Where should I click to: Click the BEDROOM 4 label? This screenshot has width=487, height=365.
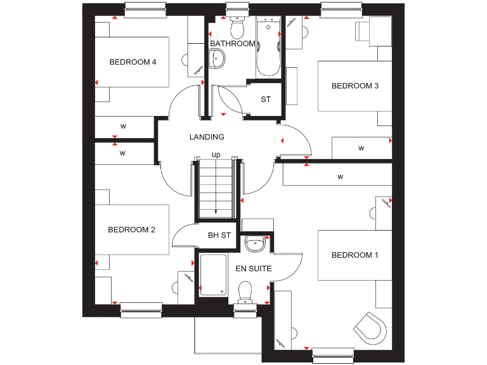[x=133, y=62]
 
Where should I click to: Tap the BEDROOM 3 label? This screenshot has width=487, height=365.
[x=355, y=86]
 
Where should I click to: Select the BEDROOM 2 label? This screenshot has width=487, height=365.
[x=131, y=230]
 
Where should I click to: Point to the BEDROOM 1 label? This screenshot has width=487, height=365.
[x=354, y=255]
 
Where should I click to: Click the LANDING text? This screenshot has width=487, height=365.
[x=207, y=137]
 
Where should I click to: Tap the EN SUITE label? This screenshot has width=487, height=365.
[x=254, y=269]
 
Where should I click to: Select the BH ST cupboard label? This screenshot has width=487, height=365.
[x=219, y=236]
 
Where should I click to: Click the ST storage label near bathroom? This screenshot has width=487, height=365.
[x=266, y=99]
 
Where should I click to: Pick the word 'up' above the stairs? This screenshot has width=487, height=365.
[x=216, y=155]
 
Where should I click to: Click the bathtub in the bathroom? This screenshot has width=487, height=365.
[x=268, y=48]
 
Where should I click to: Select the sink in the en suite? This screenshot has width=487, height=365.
[x=256, y=242]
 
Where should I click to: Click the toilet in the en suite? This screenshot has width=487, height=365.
[x=245, y=292]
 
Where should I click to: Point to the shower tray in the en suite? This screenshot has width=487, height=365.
[x=212, y=275]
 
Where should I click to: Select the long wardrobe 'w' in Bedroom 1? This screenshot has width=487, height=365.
[x=340, y=176]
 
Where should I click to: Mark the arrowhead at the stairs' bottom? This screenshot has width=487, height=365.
[x=216, y=213]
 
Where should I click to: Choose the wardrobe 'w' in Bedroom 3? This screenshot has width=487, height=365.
[x=361, y=148]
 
